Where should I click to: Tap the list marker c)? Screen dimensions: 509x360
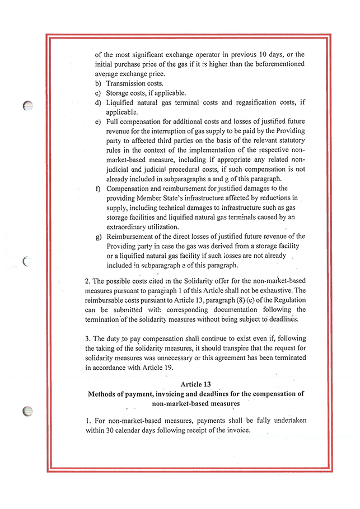click(x=99, y=93)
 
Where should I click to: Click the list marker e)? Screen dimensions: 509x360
click(x=99, y=122)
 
